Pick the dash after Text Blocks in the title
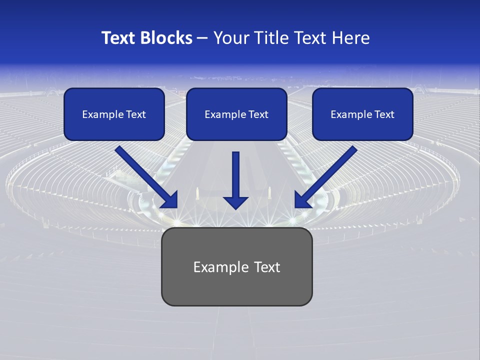click(x=202, y=38)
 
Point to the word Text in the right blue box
click(x=384, y=114)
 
